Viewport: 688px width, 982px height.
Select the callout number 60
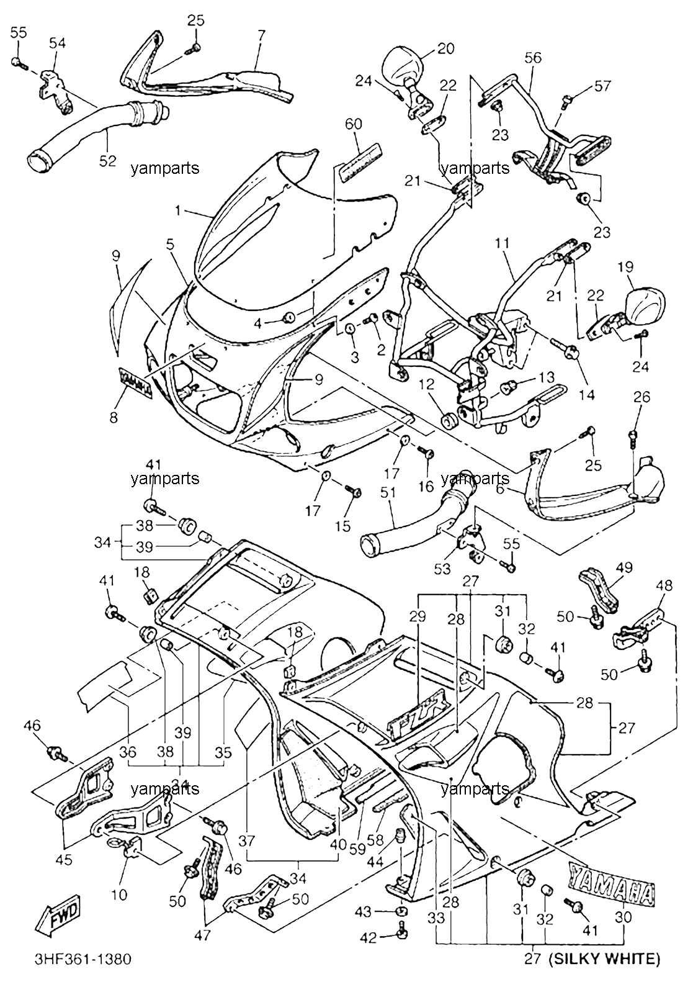tap(354, 124)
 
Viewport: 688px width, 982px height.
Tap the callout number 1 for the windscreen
tap(177, 211)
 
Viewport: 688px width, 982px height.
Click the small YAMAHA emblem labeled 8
tap(135, 383)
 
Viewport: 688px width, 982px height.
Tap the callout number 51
tap(388, 492)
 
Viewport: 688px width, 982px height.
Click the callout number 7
tap(261, 35)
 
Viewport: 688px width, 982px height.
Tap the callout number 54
tap(57, 43)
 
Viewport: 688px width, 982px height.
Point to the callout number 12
tap(426, 384)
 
